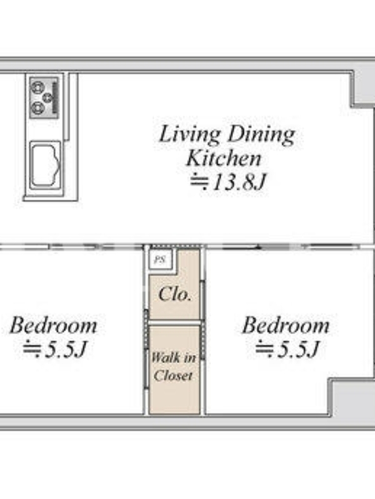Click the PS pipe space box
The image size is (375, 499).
[x=161, y=259]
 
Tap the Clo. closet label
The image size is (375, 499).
[x=175, y=294]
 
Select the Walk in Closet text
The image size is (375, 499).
[x=173, y=366]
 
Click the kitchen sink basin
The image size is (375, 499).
[x=45, y=165]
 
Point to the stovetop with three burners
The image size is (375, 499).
[x=44, y=98]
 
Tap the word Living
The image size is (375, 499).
[x=189, y=134]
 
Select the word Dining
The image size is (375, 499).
[x=261, y=135]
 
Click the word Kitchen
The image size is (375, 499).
[x=224, y=158]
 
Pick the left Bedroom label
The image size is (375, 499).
[x=53, y=325]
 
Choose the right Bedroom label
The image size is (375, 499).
[x=286, y=325]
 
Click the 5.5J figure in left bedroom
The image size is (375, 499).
[x=66, y=349]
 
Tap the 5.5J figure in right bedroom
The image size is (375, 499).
[x=298, y=349]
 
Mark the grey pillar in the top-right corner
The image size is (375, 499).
[x=364, y=87]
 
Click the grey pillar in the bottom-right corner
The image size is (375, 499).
[x=352, y=398]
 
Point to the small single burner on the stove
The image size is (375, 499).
[x=48, y=98]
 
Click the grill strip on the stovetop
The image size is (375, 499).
[x=55, y=98]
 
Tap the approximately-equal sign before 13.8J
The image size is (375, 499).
[x=199, y=182]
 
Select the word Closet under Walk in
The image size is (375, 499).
[x=173, y=375]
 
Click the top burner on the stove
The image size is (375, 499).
[x=37, y=86]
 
